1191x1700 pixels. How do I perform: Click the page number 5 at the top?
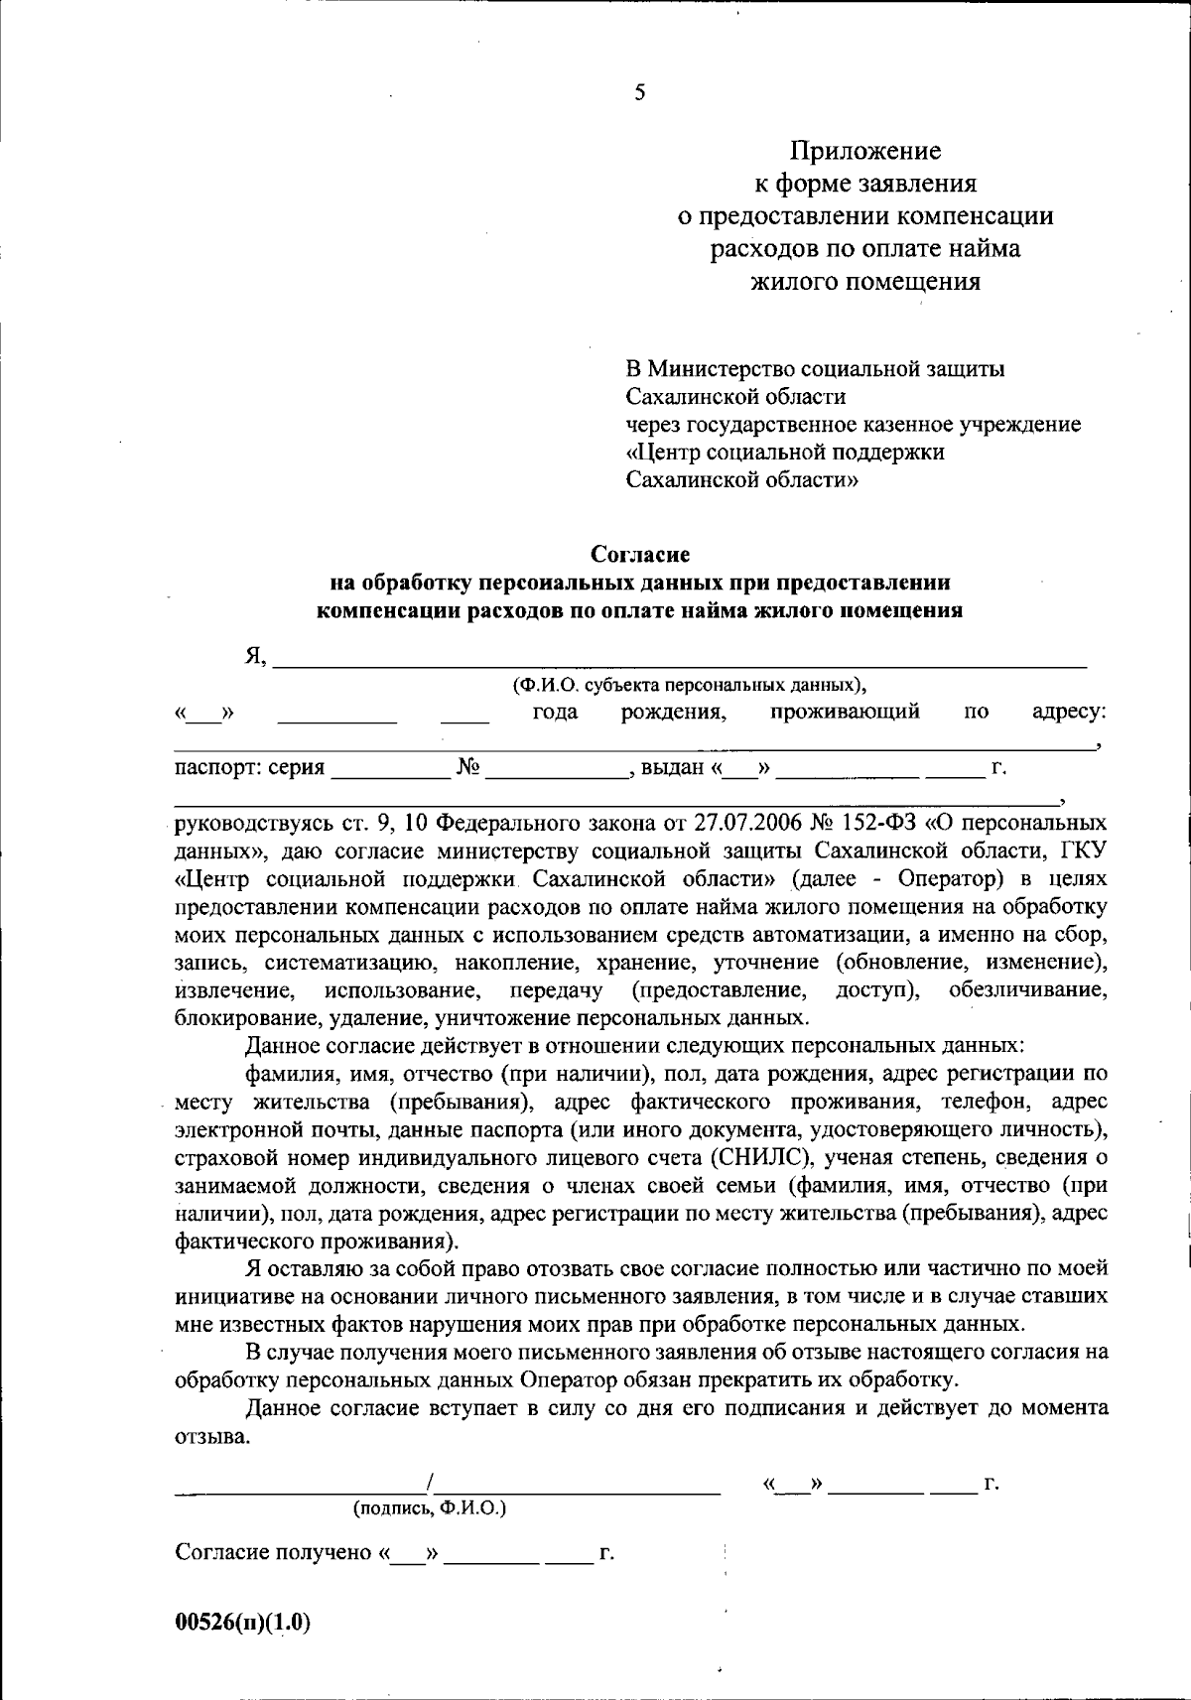639,93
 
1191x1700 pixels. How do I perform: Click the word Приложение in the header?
864,151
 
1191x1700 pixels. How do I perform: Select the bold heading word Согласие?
639,554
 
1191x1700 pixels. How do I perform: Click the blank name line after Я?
679,658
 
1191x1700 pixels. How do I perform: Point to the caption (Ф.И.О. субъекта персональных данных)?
689,685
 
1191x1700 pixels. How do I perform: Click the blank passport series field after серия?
390,768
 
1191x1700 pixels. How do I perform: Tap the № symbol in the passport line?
468,767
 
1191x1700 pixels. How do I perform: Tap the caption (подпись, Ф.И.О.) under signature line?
430,1508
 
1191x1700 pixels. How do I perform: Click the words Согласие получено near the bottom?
272,1553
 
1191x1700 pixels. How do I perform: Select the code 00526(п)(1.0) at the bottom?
243,1624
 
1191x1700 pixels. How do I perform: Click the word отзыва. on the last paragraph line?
212,1437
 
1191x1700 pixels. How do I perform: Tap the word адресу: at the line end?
1069,712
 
